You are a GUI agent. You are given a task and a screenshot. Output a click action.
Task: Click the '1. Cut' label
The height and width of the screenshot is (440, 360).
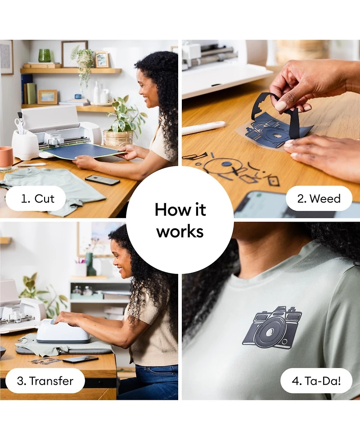click(x=37, y=199)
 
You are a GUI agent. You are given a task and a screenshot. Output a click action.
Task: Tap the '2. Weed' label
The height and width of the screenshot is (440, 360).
click(x=319, y=199)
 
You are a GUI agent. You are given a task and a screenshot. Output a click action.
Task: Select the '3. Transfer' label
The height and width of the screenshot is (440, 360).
click(x=45, y=381)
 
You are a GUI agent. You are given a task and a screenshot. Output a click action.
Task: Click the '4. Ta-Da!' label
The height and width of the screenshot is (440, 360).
click(x=316, y=381)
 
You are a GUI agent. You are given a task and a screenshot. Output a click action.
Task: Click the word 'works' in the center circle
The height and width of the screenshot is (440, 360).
click(x=180, y=232)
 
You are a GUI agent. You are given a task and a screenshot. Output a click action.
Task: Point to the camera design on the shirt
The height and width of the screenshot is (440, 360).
click(x=272, y=327)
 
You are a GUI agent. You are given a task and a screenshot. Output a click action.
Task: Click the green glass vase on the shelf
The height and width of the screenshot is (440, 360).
click(x=44, y=55)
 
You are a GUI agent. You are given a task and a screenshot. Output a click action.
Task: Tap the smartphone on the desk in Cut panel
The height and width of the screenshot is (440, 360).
click(x=102, y=180)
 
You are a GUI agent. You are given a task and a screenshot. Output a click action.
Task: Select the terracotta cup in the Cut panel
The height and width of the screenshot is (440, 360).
click(x=6, y=158)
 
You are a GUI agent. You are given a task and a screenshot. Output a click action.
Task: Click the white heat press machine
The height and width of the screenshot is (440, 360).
click(x=63, y=331)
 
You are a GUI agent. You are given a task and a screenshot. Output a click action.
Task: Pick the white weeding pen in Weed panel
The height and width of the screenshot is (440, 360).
click(x=203, y=128)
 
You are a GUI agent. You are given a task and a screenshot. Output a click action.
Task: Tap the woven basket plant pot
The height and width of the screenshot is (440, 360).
click(x=118, y=139)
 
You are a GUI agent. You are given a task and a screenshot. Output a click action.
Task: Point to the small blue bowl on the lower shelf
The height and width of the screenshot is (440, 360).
click(x=78, y=96)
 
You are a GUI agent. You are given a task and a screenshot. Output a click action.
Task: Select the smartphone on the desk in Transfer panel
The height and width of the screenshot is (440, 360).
click(x=80, y=359)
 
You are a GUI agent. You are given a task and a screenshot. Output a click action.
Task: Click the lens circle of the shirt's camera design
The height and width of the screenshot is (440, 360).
click(x=270, y=332)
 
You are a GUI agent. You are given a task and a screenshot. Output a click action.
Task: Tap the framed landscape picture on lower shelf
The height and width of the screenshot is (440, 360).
click(x=47, y=97)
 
